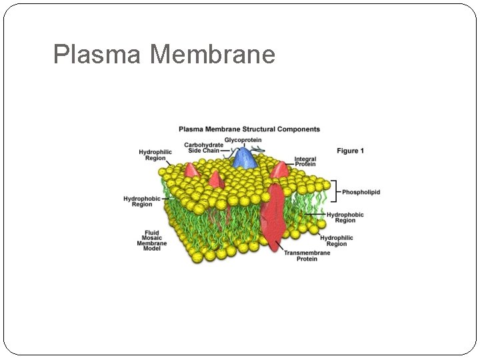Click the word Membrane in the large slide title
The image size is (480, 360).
click(213, 55)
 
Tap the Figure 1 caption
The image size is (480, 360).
click(350, 151)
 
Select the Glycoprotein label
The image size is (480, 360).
click(243, 140)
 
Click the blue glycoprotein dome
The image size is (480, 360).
click(245, 159)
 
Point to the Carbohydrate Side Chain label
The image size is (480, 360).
click(203, 148)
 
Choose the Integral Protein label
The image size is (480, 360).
click(305, 162)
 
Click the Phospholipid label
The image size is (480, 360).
click(361, 192)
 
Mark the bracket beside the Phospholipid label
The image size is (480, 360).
click(335, 191)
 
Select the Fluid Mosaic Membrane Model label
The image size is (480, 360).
click(151, 241)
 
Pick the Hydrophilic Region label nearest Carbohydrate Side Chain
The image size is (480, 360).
click(155, 155)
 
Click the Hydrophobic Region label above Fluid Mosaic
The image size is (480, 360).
click(141, 201)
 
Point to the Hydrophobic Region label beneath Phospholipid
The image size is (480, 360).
click(345, 217)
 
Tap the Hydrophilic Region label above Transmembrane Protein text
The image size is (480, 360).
click(337, 241)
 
